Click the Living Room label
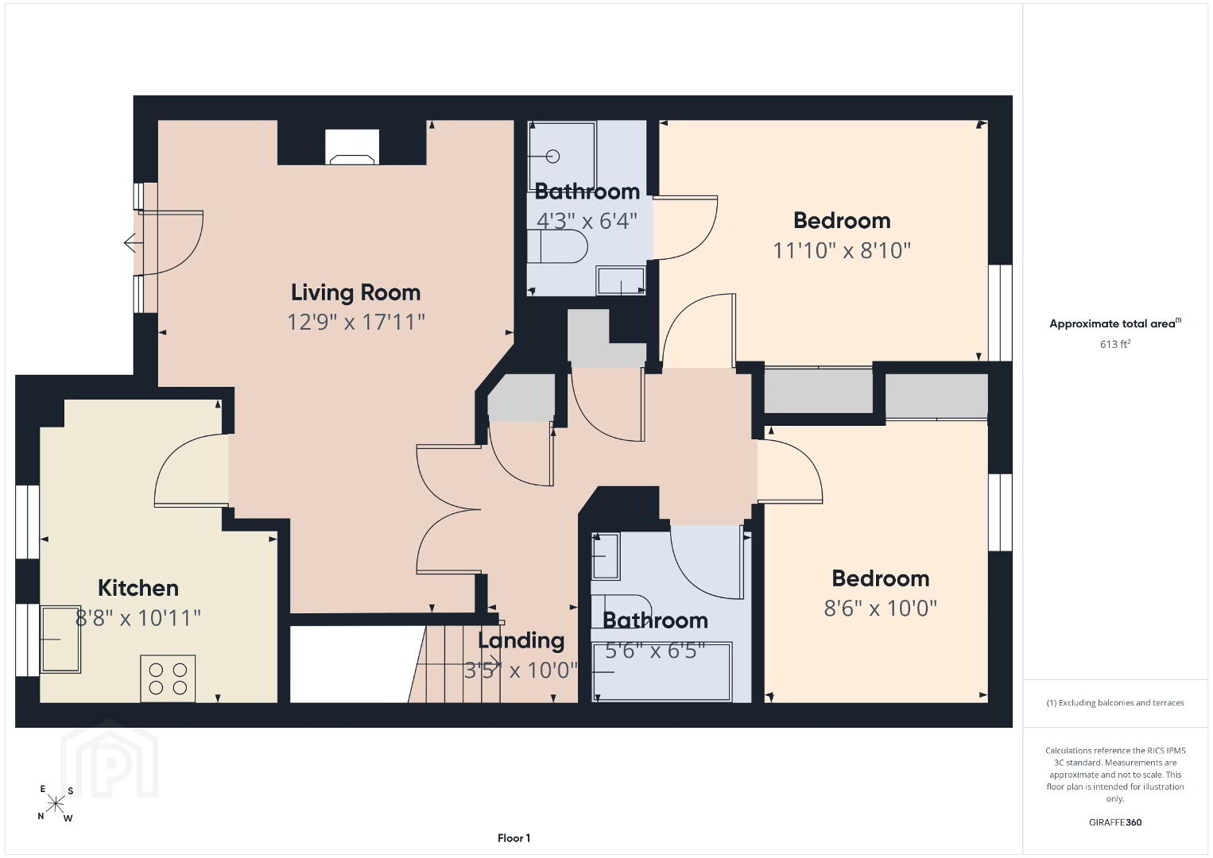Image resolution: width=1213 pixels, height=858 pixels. [x=356, y=293]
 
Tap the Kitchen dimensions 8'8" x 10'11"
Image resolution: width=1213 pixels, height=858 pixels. [x=138, y=617]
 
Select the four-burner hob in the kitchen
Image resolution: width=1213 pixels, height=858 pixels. [x=168, y=678]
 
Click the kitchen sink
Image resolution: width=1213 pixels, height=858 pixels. [x=60, y=640]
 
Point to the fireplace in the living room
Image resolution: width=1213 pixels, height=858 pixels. [x=352, y=147]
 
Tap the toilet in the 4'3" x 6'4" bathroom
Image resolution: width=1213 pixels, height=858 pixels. [x=557, y=246]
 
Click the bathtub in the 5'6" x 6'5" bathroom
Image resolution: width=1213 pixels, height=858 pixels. [x=661, y=672]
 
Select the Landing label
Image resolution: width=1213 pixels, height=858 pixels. [x=521, y=641]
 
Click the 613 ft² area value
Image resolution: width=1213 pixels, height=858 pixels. [x=1115, y=344]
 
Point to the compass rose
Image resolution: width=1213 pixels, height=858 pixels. [x=55, y=804]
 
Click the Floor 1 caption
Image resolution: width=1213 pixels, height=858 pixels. [x=514, y=838]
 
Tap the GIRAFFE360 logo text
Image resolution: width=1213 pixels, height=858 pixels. [x=1115, y=822]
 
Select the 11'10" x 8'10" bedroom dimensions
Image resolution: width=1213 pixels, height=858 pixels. [x=842, y=250]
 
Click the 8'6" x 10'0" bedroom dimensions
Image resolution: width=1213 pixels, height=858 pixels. [x=881, y=609]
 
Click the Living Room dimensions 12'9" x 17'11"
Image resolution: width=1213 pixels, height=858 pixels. [x=356, y=322]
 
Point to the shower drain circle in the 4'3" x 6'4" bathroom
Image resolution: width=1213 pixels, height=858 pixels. [x=552, y=157]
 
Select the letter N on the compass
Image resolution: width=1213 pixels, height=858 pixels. [x=41, y=817]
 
